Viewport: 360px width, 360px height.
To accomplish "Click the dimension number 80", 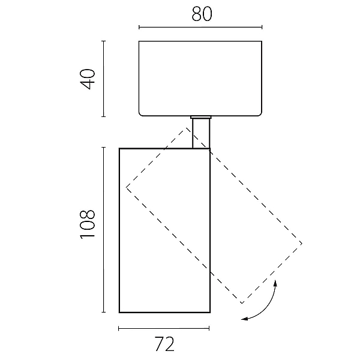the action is click(202, 14).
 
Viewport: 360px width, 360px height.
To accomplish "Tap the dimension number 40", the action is click(88, 79).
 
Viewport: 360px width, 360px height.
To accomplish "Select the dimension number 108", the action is click(88, 224).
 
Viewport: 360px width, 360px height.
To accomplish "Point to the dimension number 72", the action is click(164, 344).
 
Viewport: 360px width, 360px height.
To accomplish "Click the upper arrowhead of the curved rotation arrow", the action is click(275, 283).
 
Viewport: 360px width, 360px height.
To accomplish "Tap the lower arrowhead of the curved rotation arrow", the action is click(245, 319).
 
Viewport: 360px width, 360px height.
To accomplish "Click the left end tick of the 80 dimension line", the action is click(139, 28).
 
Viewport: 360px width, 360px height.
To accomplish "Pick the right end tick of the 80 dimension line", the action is click(262, 28).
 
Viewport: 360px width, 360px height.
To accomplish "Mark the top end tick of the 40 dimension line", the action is click(104, 41).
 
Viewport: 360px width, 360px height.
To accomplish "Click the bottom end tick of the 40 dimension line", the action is click(104, 116).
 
